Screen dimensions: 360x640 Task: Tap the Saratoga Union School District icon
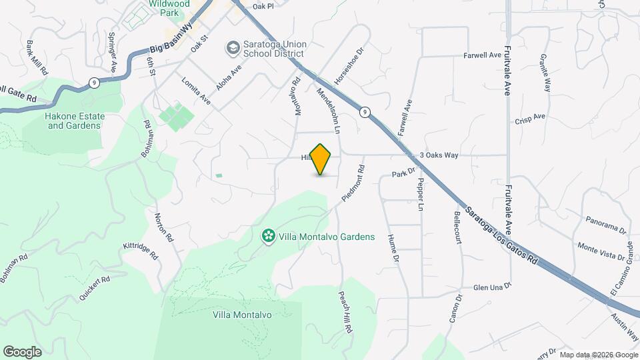point(232,47)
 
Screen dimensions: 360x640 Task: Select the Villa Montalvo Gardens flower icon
point(267,237)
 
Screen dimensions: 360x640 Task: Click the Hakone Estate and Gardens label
point(73,121)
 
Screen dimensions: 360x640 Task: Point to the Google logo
point(22,352)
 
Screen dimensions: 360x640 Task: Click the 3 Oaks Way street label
point(439,155)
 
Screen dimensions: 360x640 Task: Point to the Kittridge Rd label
point(140,251)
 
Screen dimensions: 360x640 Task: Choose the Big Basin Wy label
point(171,45)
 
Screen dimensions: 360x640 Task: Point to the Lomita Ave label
point(196,91)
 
